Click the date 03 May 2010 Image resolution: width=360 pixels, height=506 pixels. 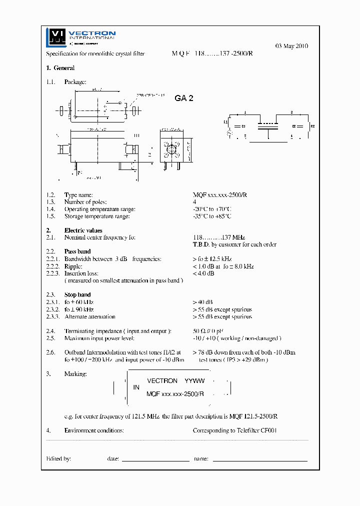[291, 46]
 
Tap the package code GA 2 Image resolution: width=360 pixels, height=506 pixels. [184, 98]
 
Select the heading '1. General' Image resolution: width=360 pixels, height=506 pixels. [60, 68]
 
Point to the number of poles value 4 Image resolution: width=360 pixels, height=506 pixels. [194, 202]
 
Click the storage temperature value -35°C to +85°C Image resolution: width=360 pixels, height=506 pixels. [212, 216]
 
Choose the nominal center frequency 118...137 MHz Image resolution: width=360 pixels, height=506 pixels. [219, 237]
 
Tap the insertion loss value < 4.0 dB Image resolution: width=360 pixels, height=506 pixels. [203, 273]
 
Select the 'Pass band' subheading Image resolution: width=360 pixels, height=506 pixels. [77, 251]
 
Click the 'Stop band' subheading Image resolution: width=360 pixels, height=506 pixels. [77, 295]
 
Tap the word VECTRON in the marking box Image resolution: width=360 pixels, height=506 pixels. [162, 381]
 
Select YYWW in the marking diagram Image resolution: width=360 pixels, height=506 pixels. [194, 381]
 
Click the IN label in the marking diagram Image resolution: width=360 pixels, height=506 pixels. [136, 387]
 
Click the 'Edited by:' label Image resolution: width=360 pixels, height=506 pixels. [58, 458]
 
